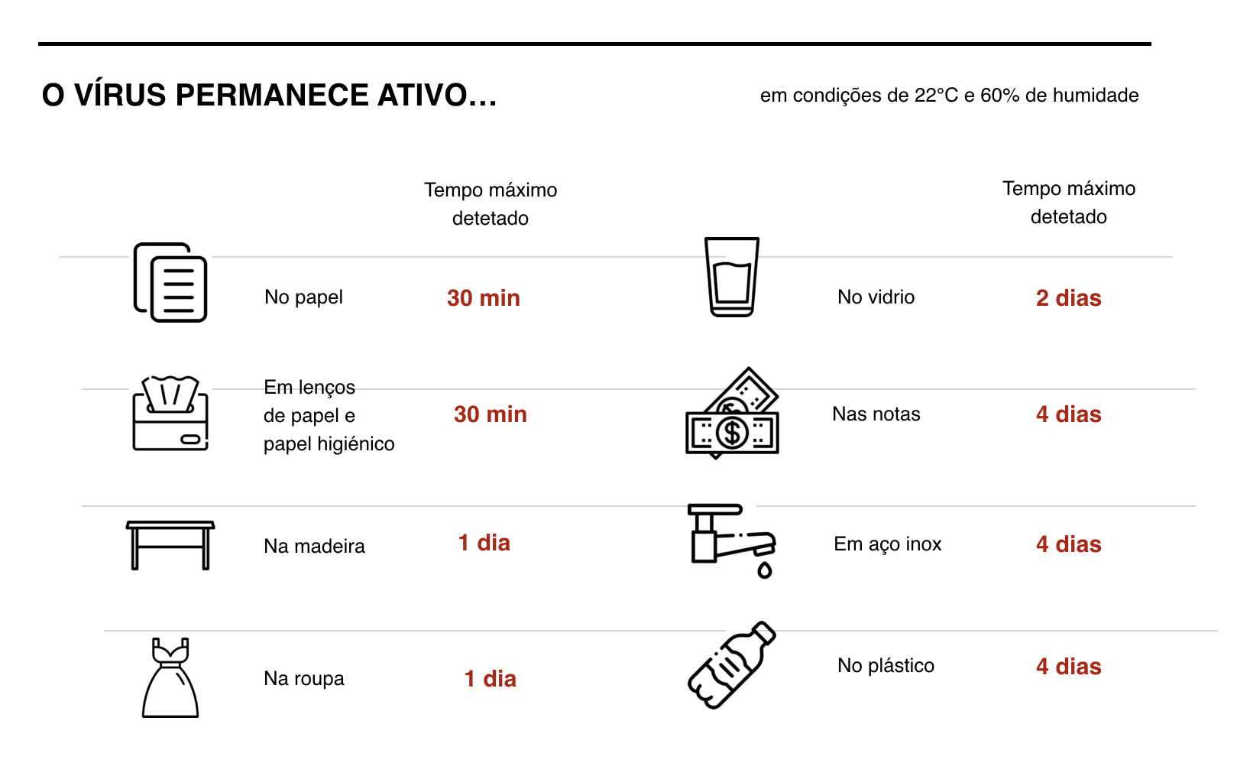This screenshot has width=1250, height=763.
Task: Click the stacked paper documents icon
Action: point(170,282)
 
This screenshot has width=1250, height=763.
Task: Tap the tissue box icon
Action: point(170,413)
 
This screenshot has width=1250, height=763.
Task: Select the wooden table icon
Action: point(170,545)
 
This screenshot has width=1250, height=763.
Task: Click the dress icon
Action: point(170,677)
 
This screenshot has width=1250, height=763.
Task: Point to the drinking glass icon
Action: point(731,277)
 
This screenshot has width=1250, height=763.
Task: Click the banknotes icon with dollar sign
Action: point(732,414)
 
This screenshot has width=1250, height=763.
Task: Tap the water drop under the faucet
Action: point(765,570)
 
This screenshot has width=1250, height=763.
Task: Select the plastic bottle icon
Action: point(731,664)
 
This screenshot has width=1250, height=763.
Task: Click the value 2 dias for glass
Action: point(1069,297)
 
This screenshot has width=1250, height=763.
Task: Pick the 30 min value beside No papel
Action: point(483,297)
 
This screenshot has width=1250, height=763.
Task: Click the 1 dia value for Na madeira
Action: point(484,542)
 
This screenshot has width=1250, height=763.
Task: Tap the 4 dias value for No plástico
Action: point(1069,667)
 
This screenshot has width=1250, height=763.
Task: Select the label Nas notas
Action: point(876,414)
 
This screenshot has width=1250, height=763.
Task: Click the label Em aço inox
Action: point(887,544)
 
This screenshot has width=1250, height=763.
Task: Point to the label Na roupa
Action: point(303,679)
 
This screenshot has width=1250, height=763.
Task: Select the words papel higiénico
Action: point(329,444)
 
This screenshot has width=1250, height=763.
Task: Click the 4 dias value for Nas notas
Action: point(1069,414)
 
